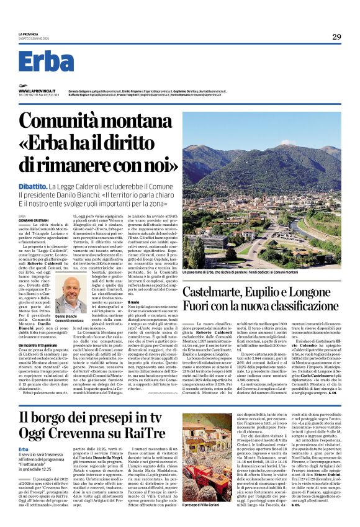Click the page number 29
tap(336, 37)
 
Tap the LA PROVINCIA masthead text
tap(29, 34)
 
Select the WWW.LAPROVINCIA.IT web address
tap(35, 91)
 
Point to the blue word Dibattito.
tap(32, 186)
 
